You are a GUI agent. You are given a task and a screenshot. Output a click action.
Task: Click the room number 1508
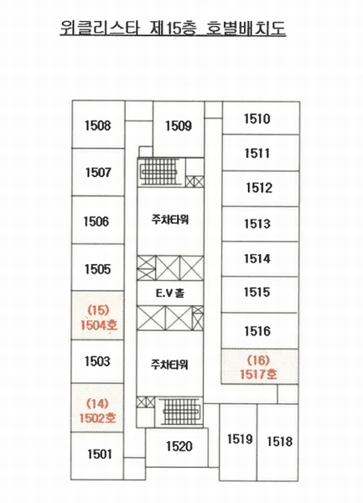point(98,126)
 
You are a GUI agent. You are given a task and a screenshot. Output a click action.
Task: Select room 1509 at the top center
point(179,126)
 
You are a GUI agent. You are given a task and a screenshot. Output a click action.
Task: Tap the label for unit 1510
point(257,119)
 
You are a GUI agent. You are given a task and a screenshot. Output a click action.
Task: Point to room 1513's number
point(257,224)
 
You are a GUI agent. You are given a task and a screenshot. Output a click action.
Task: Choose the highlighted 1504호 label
point(99,325)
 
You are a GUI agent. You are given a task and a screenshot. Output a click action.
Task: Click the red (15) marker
point(98,310)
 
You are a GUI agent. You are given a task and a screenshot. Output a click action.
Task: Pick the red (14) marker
point(97,403)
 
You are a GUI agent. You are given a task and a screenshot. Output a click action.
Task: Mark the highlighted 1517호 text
point(258,374)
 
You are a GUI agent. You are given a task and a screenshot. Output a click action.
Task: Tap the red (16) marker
point(258,360)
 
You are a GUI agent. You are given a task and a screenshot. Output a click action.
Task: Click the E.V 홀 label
point(170,293)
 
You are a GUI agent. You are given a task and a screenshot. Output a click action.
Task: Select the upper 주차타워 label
point(170,220)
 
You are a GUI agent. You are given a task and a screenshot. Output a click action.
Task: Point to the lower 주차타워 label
point(169,365)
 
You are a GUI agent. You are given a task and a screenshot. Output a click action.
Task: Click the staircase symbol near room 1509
point(159,172)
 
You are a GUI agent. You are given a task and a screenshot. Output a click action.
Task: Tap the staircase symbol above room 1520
point(181,412)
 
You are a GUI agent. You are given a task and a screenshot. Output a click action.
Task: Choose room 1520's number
point(179,446)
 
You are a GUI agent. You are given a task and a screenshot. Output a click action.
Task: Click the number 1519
point(240,438)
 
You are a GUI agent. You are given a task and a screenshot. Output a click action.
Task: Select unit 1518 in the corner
point(280,442)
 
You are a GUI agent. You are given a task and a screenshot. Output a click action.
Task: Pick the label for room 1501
point(100,454)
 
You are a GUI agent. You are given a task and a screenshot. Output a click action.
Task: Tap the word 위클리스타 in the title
point(100,28)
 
